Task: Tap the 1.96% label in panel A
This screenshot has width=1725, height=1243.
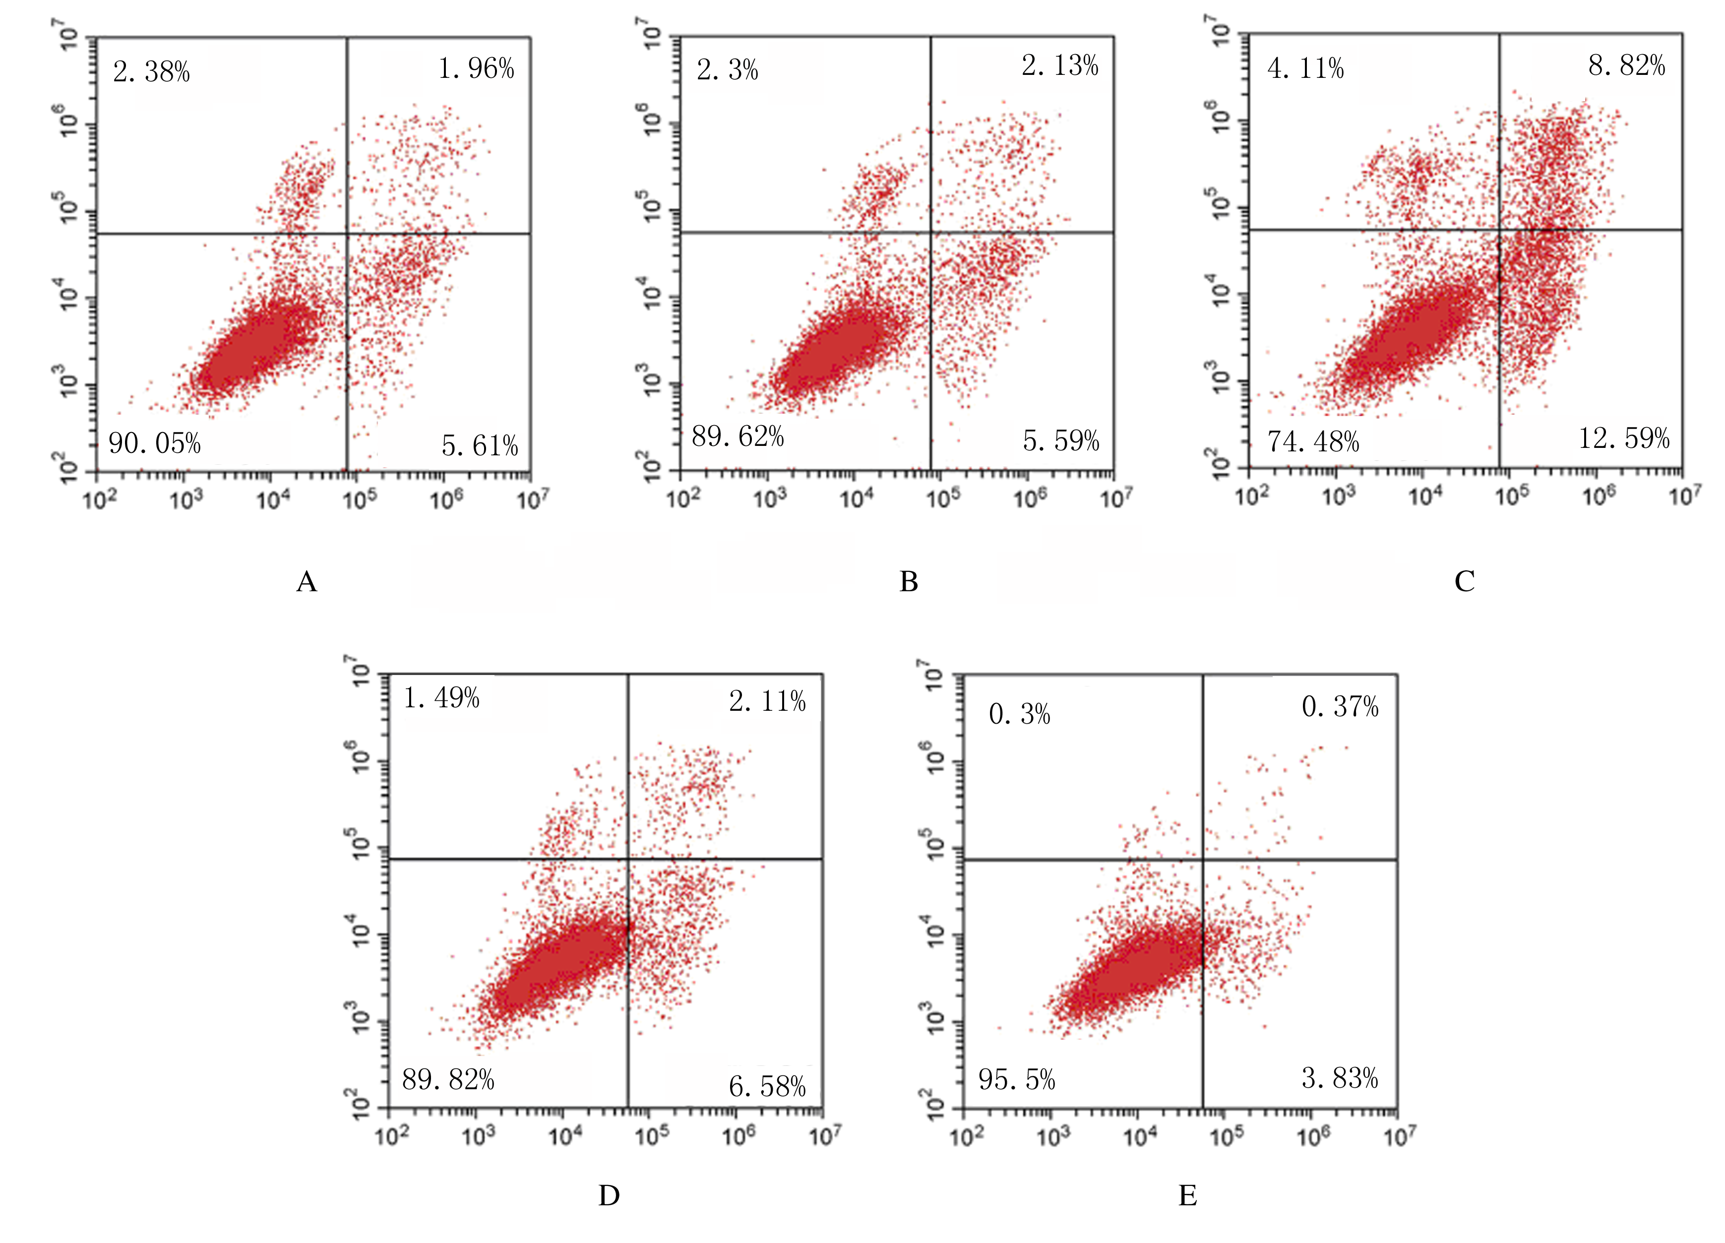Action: pyautogui.click(x=476, y=69)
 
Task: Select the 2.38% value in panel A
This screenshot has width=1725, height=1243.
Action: pyautogui.click(x=151, y=72)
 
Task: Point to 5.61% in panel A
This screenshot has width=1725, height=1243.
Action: pyautogui.click(x=480, y=446)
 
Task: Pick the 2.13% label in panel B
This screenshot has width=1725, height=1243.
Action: pyautogui.click(x=1060, y=66)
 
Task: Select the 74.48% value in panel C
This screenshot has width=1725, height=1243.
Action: pyautogui.click(x=1313, y=441)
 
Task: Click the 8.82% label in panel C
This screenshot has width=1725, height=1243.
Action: pyautogui.click(x=1627, y=65)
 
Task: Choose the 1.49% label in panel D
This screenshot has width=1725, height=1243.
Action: pyautogui.click(x=441, y=697)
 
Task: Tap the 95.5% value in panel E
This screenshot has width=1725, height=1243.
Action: pyautogui.click(x=1017, y=1079)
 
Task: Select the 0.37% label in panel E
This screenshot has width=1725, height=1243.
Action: pyautogui.click(x=1340, y=707)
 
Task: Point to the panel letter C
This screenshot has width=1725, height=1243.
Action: pyautogui.click(x=1464, y=581)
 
